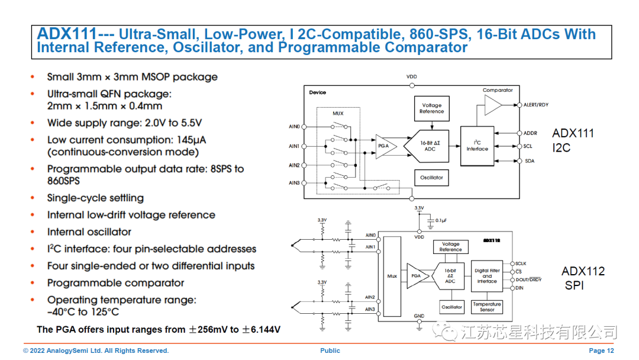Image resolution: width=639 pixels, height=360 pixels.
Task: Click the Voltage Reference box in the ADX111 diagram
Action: [x=431, y=108]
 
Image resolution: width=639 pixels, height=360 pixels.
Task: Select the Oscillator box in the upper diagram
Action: [x=431, y=178]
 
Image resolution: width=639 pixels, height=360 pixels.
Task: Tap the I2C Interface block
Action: [x=477, y=146]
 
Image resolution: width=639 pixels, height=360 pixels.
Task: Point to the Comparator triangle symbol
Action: [x=492, y=105]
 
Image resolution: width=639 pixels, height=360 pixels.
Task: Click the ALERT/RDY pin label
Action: [x=535, y=105]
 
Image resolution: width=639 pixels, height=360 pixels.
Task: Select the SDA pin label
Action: [x=529, y=161]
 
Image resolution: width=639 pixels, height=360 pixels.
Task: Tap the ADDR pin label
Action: [x=530, y=133]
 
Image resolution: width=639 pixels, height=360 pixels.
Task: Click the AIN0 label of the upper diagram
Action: [x=294, y=126]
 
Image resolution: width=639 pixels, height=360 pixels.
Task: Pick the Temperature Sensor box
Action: [x=487, y=307]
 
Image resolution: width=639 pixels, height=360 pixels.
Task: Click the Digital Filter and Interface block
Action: [x=487, y=276]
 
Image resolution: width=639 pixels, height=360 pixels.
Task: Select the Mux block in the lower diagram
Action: [x=392, y=276]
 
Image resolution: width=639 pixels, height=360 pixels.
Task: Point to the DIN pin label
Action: [x=519, y=288]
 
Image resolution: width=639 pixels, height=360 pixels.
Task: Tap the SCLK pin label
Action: [x=521, y=263]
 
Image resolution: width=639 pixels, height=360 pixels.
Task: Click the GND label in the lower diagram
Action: [x=419, y=316]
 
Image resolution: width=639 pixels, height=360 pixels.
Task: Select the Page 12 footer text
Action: [x=601, y=351]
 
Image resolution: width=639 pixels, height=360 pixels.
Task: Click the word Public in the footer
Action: [x=330, y=351]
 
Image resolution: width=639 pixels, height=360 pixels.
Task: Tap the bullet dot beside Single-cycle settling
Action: [x=33, y=198]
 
